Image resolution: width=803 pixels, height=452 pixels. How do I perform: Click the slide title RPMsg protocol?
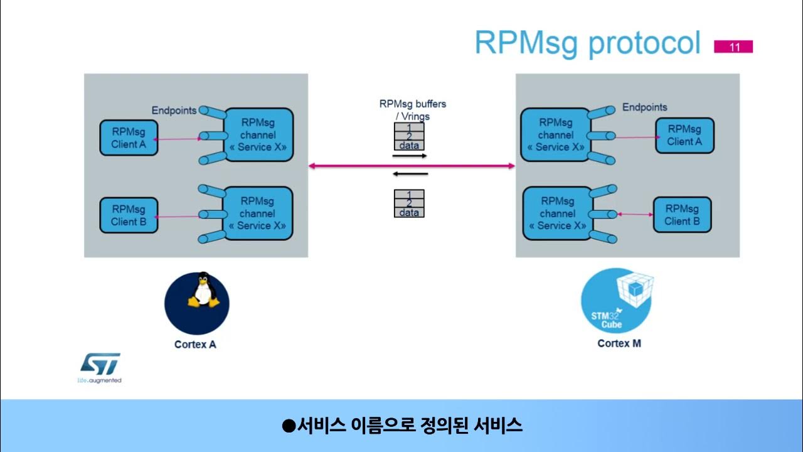(587, 43)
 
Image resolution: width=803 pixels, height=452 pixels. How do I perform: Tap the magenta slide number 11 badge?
(733, 46)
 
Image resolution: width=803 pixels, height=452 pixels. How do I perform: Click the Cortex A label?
(195, 344)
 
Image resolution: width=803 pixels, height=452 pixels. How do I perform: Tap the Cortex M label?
(619, 343)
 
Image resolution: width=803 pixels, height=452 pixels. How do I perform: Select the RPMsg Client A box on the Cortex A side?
(129, 137)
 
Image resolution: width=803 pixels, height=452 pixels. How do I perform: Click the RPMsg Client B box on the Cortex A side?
(129, 215)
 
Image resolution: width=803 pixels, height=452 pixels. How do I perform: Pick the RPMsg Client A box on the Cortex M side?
(684, 135)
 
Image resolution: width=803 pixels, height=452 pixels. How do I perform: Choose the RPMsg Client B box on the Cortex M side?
(682, 215)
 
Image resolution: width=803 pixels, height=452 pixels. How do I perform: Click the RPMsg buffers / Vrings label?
(412, 110)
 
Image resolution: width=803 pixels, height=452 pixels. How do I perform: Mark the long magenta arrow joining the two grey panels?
(412, 166)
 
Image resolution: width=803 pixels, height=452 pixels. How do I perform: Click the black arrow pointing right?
(410, 154)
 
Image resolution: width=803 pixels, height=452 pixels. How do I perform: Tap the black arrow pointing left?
(410, 174)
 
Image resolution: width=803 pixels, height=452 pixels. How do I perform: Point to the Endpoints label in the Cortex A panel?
(174, 110)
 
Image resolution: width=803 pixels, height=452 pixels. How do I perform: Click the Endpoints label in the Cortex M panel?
(644, 107)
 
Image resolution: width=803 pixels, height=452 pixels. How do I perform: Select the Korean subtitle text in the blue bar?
(402, 426)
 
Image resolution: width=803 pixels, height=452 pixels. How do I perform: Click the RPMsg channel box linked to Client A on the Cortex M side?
(555, 135)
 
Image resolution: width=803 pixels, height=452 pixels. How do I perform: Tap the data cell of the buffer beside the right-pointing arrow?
(409, 146)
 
